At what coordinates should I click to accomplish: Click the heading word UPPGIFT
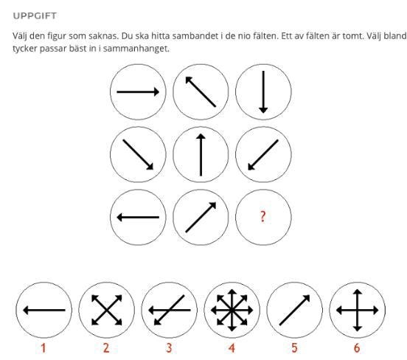[35, 15]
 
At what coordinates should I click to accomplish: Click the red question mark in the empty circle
[263, 216]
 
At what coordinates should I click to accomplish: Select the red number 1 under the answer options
[44, 347]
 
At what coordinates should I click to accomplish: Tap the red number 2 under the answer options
[106, 347]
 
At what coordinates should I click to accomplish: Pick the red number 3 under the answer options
[169, 347]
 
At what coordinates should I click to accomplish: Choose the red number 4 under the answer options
[232, 347]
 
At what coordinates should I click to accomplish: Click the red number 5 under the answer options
[294, 347]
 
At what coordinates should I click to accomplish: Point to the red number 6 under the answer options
[357, 347]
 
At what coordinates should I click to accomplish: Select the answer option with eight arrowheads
[232, 310]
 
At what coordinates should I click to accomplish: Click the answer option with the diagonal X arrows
[107, 310]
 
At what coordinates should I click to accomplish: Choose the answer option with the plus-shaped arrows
[358, 310]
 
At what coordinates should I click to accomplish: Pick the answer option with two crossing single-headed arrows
[170, 310]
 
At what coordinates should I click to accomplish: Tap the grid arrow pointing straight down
[263, 92]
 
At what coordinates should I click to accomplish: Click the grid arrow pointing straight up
[201, 155]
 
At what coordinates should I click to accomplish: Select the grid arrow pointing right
[138, 92]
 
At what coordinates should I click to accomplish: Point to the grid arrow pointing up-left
[201, 91]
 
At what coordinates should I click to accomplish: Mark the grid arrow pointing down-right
[138, 155]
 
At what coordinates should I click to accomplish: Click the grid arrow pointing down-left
[263, 155]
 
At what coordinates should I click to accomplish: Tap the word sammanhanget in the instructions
[136, 49]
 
